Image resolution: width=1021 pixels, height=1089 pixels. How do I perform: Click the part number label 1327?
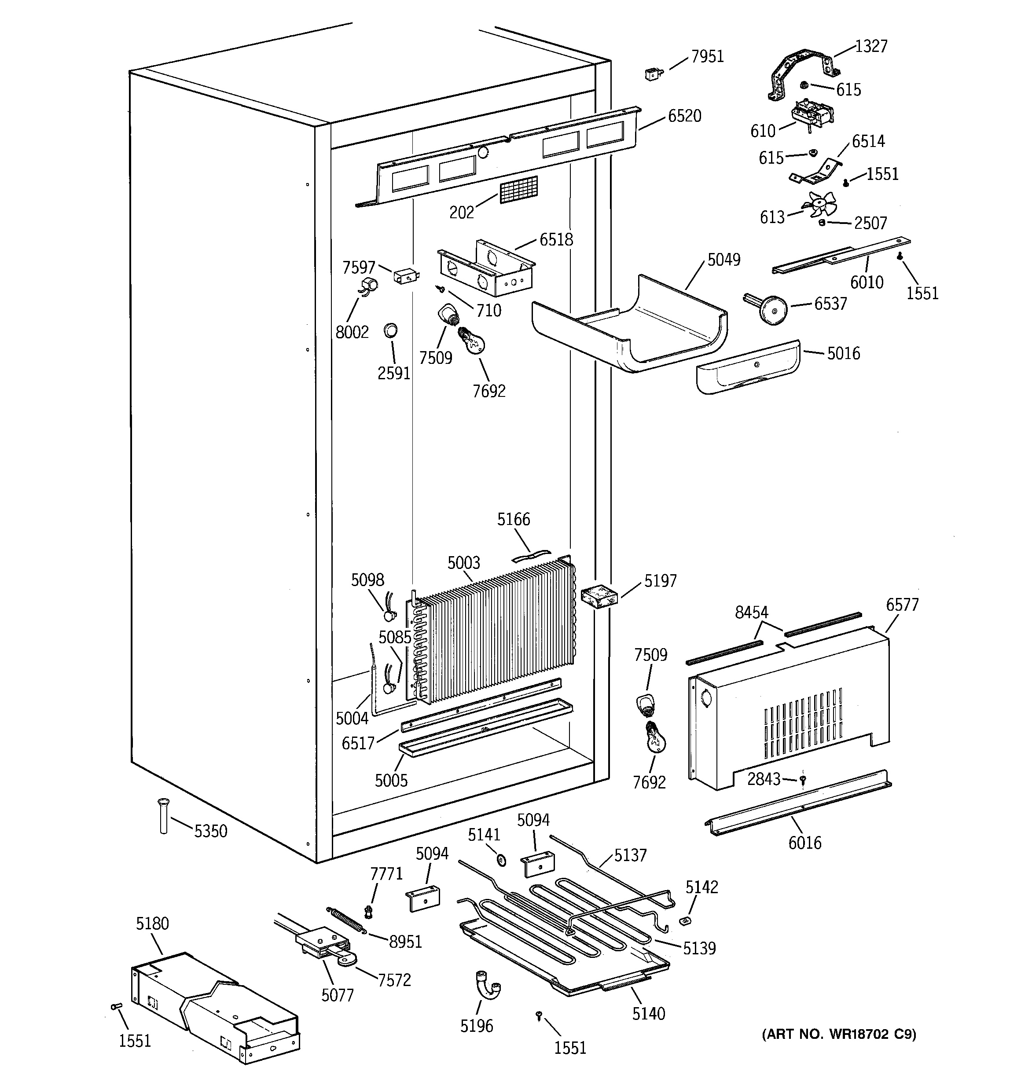click(871, 46)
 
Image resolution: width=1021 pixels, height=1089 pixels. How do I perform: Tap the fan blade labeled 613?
click(819, 206)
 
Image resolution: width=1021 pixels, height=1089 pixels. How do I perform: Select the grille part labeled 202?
click(518, 190)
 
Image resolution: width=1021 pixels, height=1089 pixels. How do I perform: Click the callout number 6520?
click(684, 116)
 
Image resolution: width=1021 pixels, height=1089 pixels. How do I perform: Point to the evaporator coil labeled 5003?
click(493, 635)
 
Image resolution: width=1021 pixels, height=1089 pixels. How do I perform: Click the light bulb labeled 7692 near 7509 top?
click(472, 341)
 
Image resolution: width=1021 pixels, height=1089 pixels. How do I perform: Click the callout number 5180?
click(152, 924)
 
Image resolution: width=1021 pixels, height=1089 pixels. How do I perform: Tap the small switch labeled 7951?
click(653, 73)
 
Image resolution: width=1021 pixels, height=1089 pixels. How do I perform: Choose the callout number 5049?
click(724, 259)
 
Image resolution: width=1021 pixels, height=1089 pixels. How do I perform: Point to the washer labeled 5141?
click(501, 860)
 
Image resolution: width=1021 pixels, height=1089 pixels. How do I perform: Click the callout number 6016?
click(804, 843)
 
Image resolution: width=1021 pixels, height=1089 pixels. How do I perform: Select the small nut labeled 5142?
click(684, 921)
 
